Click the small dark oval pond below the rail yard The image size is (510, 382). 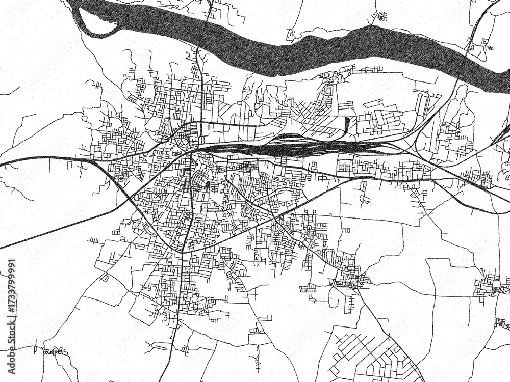tap(208, 184)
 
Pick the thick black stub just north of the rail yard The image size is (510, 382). tap(348, 124)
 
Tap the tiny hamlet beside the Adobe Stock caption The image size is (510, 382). tap(54, 351)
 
